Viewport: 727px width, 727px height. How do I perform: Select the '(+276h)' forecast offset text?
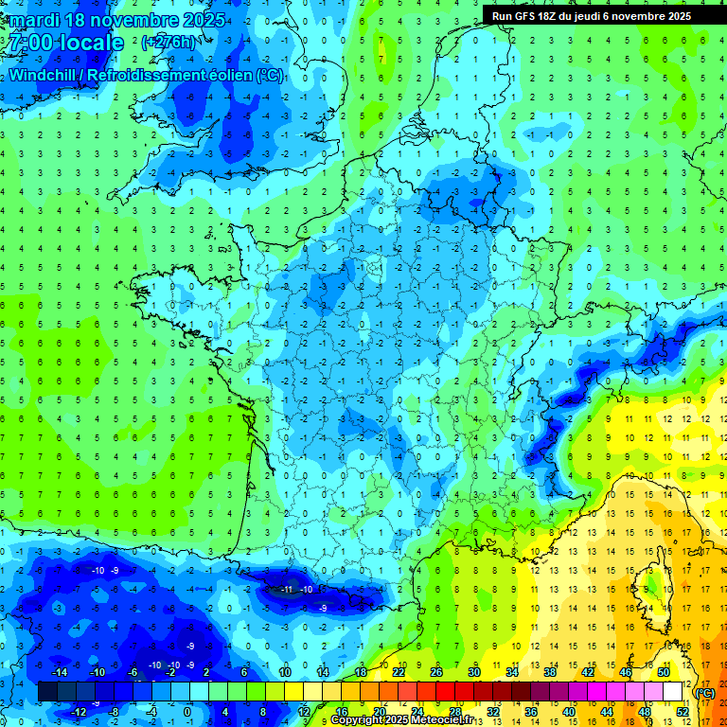(x=168, y=43)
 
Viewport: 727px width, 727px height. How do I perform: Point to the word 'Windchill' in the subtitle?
(x=43, y=76)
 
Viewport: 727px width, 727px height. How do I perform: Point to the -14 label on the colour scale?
(x=59, y=672)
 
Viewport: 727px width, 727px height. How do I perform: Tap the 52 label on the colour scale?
(x=683, y=711)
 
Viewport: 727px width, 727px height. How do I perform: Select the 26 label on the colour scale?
(x=436, y=672)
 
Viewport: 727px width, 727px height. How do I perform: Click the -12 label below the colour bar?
(x=78, y=711)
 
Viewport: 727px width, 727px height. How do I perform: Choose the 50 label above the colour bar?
(x=663, y=672)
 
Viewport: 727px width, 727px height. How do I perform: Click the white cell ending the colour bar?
(x=672, y=692)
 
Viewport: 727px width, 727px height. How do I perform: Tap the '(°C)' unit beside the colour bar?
(x=704, y=692)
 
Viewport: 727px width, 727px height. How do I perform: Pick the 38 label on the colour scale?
(x=550, y=672)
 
